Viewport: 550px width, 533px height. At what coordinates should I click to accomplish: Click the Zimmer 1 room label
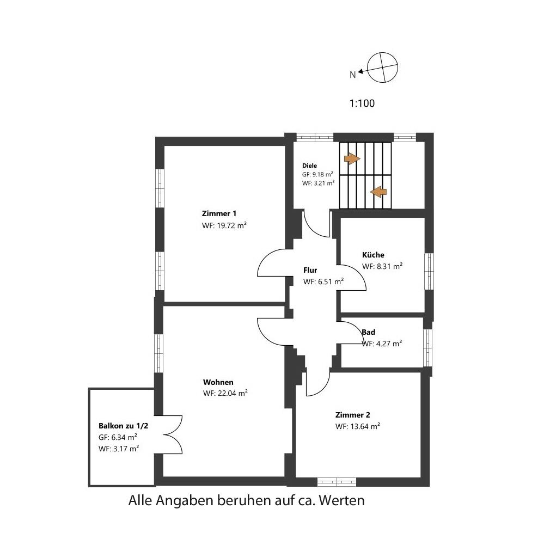coord(219,213)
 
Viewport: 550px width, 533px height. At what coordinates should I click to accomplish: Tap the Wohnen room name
coord(218,382)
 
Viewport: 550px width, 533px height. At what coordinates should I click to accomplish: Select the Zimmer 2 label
coord(352,415)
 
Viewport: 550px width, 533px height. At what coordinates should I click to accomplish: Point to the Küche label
coord(373,255)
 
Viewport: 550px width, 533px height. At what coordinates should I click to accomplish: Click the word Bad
coord(369,332)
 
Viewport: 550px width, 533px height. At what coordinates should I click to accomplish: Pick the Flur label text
coord(310,270)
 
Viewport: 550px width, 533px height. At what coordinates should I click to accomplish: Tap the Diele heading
coord(309,166)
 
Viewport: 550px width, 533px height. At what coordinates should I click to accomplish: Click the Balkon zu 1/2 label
coord(123,426)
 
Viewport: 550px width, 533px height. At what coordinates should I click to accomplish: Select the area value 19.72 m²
coord(231,225)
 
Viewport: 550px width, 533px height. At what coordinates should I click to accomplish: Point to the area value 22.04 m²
coord(233,394)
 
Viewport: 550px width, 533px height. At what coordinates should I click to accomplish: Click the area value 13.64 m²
coord(365,426)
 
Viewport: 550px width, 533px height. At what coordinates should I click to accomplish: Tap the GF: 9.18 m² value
coord(317,174)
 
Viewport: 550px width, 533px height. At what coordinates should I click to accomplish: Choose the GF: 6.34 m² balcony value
coord(118,437)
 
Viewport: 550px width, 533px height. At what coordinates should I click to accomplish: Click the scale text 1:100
coord(362,103)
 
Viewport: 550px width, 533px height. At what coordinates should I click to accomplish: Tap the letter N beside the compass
coord(352,75)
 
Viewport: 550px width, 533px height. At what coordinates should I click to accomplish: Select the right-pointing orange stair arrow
coord(352,158)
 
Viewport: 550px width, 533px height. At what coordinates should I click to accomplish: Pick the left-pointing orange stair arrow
coord(378,192)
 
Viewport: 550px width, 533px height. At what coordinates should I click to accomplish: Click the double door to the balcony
coord(173,435)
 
